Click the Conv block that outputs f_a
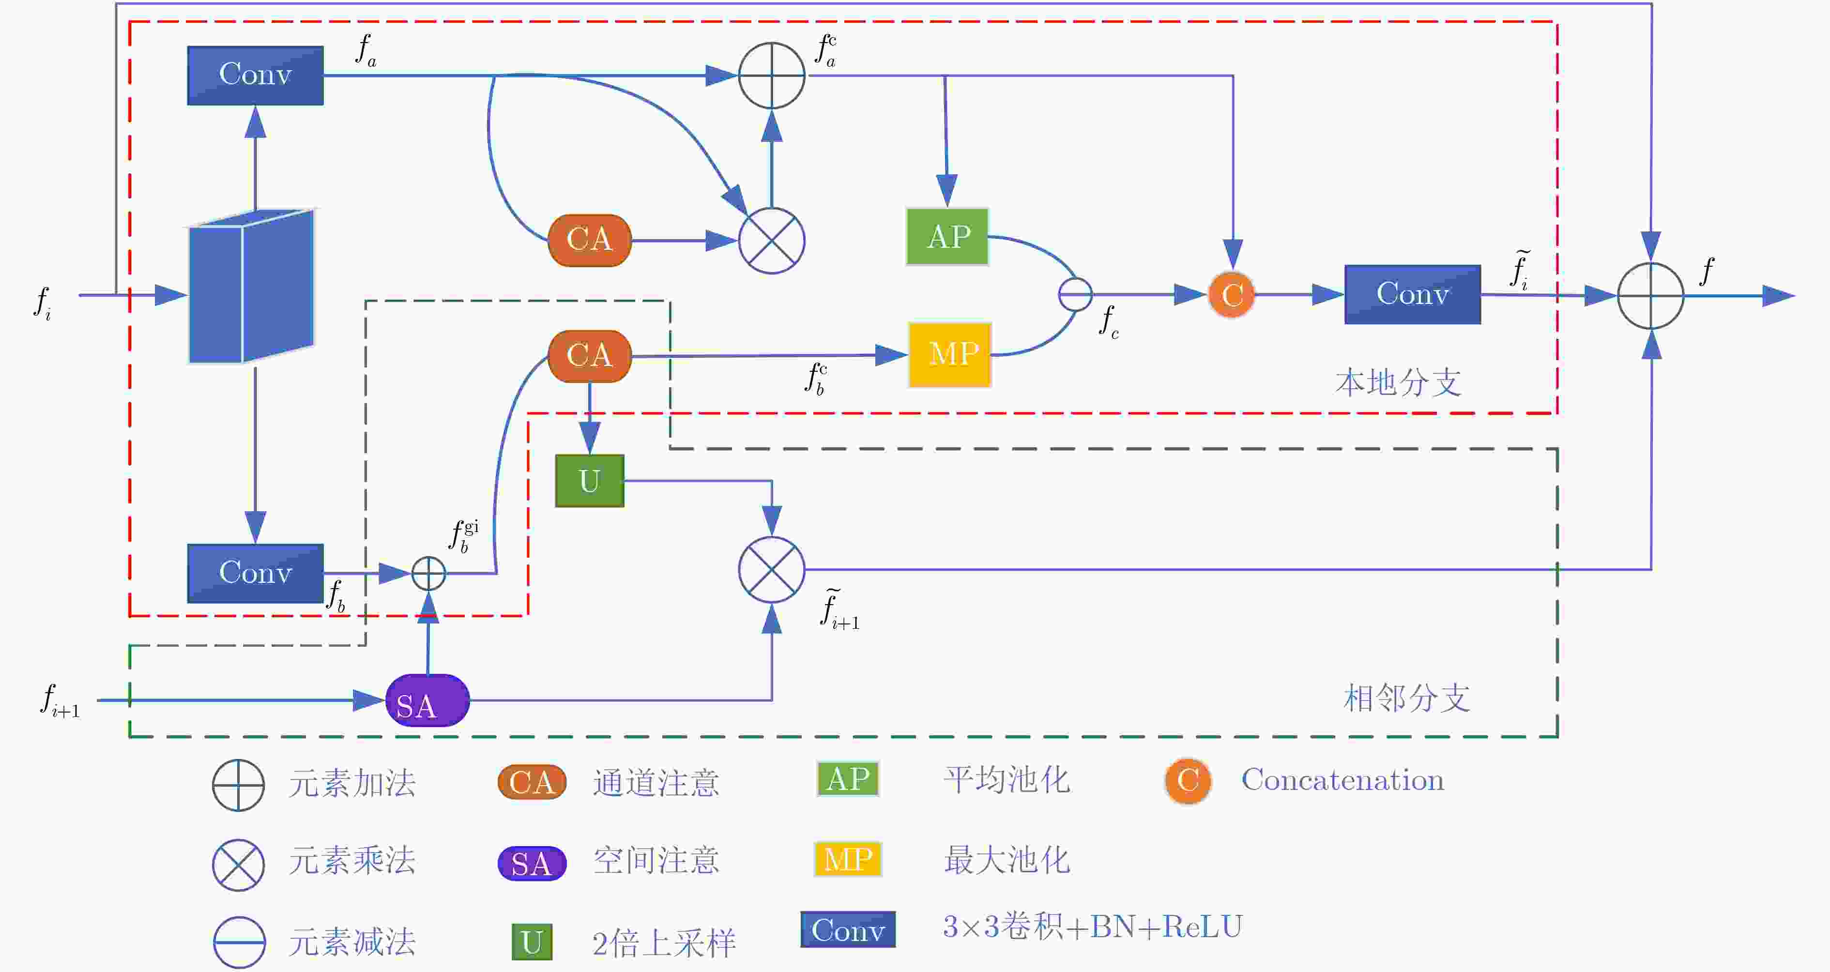click(x=255, y=76)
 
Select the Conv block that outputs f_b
click(x=255, y=574)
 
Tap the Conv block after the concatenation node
click(x=1412, y=294)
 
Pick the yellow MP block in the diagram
click(x=950, y=354)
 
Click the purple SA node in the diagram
click(x=427, y=700)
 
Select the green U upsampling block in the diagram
click(x=590, y=481)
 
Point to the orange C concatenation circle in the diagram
click(x=1232, y=294)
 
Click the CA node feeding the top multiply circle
click(x=590, y=240)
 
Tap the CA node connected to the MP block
click(x=590, y=356)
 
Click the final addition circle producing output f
click(x=1650, y=296)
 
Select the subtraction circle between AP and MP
click(x=1076, y=294)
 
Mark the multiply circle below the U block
click(x=772, y=570)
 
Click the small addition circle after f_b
click(x=428, y=574)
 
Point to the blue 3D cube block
click(x=251, y=287)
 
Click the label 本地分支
click(x=1398, y=383)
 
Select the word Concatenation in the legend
click(x=1342, y=780)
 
